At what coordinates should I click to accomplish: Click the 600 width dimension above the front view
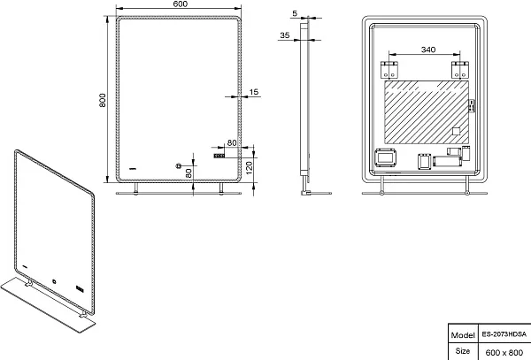pos(181,4)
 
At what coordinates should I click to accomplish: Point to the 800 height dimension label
pos(103,100)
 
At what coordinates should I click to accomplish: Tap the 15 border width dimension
pos(254,92)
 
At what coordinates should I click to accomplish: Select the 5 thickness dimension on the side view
pos(295,13)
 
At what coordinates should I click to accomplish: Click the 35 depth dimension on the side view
pos(285,35)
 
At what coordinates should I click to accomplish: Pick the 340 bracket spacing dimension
pos(428,50)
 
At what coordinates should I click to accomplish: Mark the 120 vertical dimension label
pos(249,168)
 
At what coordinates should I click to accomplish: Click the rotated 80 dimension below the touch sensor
pos(189,172)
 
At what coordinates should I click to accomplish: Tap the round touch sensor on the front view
pos(178,165)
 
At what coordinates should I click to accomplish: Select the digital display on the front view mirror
pos(219,156)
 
